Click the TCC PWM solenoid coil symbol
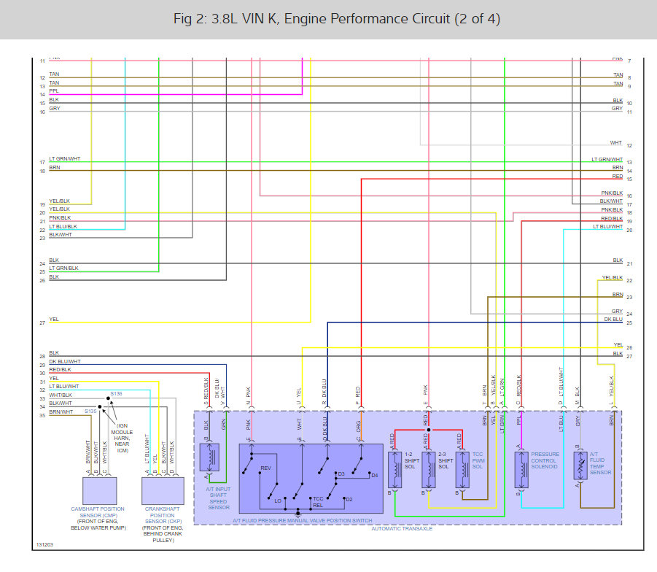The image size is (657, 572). point(462,470)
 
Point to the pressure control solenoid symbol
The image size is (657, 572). point(522,470)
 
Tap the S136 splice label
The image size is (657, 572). point(116,393)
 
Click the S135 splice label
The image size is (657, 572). point(90,411)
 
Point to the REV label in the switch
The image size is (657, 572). point(266,468)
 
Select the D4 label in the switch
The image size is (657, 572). point(375,476)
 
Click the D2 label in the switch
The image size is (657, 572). point(349,500)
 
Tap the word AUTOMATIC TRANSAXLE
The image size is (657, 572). point(403,527)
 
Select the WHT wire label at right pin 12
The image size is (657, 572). point(616,143)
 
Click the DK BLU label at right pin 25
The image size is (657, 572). point(613,320)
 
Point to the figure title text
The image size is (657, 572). point(328,18)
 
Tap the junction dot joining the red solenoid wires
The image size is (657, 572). point(428,430)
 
